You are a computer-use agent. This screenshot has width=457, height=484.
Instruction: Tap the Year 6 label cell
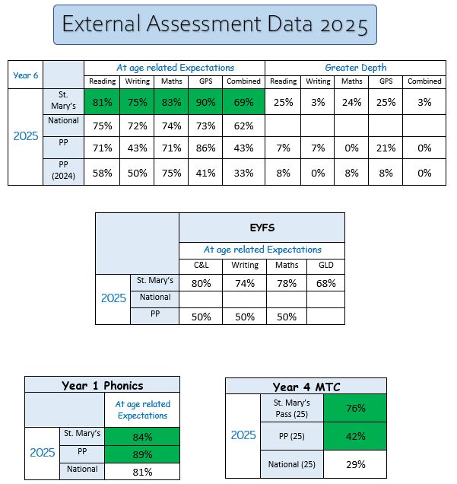pyautogui.click(x=26, y=75)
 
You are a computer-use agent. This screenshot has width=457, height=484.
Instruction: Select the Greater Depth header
pyautogui.click(x=355, y=68)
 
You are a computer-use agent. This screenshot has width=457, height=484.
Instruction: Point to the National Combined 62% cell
pyautogui.click(x=243, y=126)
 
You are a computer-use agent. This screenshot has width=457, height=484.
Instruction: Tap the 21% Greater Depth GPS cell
pyautogui.click(x=386, y=149)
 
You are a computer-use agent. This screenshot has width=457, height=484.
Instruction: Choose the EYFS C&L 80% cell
pyautogui.click(x=201, y=283)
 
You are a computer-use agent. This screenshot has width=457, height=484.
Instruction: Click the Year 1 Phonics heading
pyautogui.click(x=102, y=386)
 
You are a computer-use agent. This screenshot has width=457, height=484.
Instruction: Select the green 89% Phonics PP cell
pyautogui.click(x=142, y=454)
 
